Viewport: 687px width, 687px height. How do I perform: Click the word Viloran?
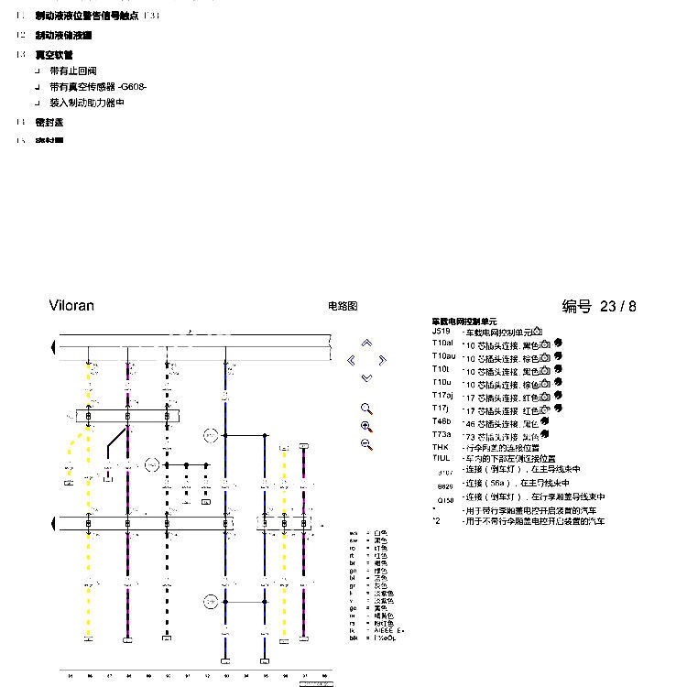[71, 306]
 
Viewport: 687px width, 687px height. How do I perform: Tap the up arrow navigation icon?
[366, 343]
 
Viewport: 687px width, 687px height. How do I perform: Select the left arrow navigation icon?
[352, 360]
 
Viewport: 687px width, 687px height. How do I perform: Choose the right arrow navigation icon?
[382, 360]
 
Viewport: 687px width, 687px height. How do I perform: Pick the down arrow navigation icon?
[366, 377]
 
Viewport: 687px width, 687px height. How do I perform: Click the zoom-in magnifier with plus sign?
[366, 427]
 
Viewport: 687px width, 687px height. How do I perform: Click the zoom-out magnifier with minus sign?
[366, 445]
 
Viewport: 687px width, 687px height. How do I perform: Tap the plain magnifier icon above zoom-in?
[366, 409]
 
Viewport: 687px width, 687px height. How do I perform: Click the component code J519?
[442, 332]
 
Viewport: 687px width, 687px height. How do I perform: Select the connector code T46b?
[442, 421]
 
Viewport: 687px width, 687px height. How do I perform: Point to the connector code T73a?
[442, 434]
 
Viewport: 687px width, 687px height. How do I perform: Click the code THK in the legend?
[441, 447]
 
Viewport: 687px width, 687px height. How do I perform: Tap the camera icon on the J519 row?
[538, 332]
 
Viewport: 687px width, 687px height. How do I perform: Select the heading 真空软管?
[54, 55]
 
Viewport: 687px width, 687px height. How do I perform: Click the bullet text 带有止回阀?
[73, 71]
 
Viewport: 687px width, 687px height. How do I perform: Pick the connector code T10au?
[444, 356]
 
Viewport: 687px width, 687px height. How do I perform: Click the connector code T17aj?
[444, 396]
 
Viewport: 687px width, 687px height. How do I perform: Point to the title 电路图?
[342, 307]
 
